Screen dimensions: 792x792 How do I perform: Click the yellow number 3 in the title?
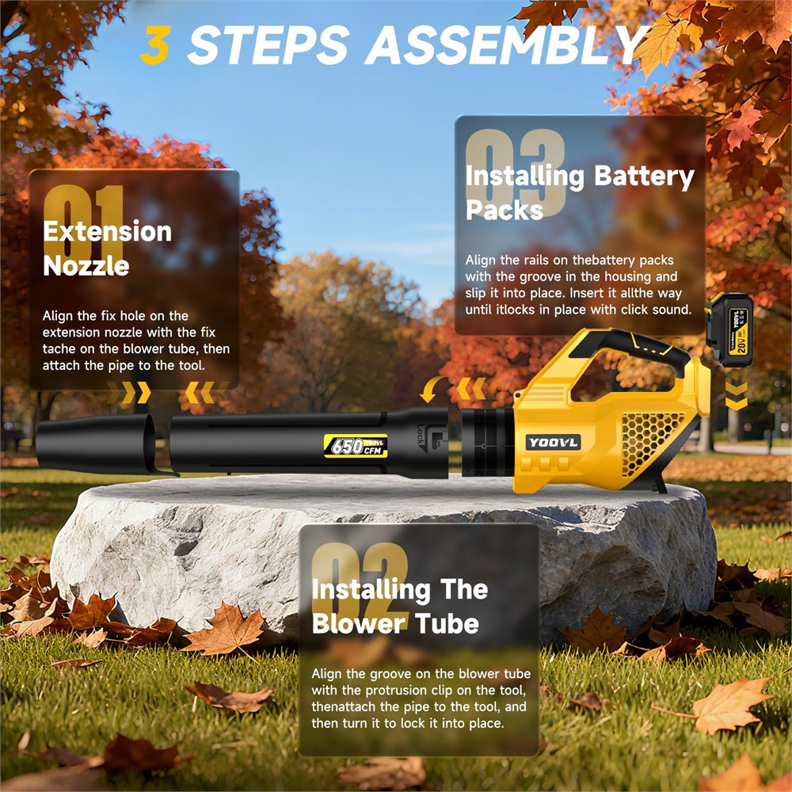click(155, 44)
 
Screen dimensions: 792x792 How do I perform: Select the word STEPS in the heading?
click(268, 44)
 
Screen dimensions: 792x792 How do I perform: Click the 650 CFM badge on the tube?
click(356, 445)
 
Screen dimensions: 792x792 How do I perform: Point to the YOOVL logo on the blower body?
click(553, 443)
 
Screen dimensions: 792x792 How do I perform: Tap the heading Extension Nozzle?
click(107, 249)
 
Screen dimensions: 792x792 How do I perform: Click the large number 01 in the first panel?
click(83, 223)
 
